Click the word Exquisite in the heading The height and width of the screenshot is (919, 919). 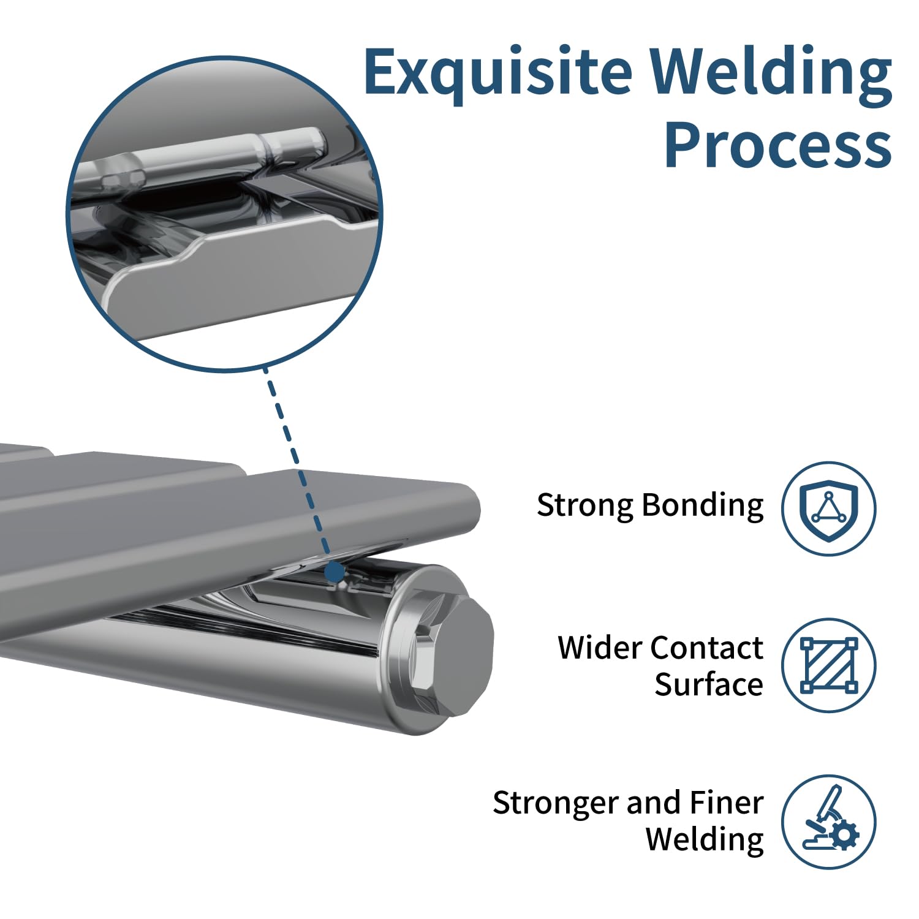[x=497, y=72]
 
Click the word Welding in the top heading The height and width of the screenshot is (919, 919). [x=770, y=72]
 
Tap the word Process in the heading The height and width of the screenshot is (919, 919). [x=777, y=145]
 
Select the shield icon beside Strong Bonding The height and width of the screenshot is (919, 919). [x=828, y=509]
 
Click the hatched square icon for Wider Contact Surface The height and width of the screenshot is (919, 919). [x=828, y=665]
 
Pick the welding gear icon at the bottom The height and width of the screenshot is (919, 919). [x=828, y=822]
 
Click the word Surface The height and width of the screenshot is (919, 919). [x=708, y=684]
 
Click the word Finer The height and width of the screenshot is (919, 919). [x=726, y=803]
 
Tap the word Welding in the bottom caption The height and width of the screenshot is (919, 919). [x=705, y=840]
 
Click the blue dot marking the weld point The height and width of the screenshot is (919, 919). [x=335, y=572]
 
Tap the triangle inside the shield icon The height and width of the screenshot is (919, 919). [x=828, y=508]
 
